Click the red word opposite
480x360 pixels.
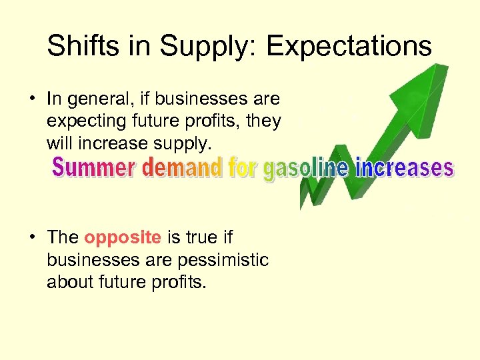click(x=123, y=237)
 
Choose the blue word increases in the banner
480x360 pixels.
click(x=404, y=168)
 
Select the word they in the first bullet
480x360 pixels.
click(x=265, y=122)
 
